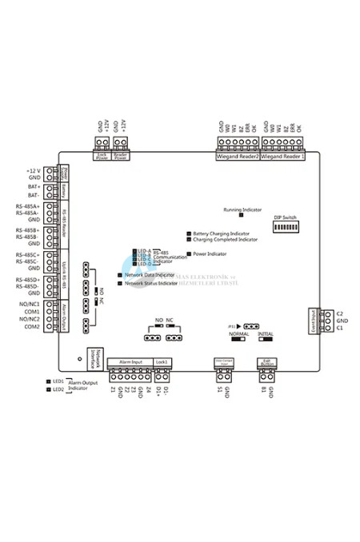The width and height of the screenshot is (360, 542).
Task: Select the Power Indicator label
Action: (x=210, y=253)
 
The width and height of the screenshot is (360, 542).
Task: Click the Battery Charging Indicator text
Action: (x=224, y=233)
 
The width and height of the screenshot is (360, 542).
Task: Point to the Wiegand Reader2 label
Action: (x=238, y=157)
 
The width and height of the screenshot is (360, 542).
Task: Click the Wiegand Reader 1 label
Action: (x=282, y=157)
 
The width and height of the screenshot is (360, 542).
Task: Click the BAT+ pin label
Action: (x=34, y=186)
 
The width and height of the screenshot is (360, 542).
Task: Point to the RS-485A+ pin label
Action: (x=28, y=205)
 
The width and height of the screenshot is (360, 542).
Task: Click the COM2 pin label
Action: (x=32, y=326)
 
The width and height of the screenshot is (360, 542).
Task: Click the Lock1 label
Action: (x=162, y=361)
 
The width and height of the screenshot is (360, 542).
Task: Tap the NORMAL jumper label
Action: (x=238, y=335)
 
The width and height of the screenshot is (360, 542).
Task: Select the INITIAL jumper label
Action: (x=266, y=335)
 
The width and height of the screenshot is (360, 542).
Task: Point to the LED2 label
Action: (x=58, y=389)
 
